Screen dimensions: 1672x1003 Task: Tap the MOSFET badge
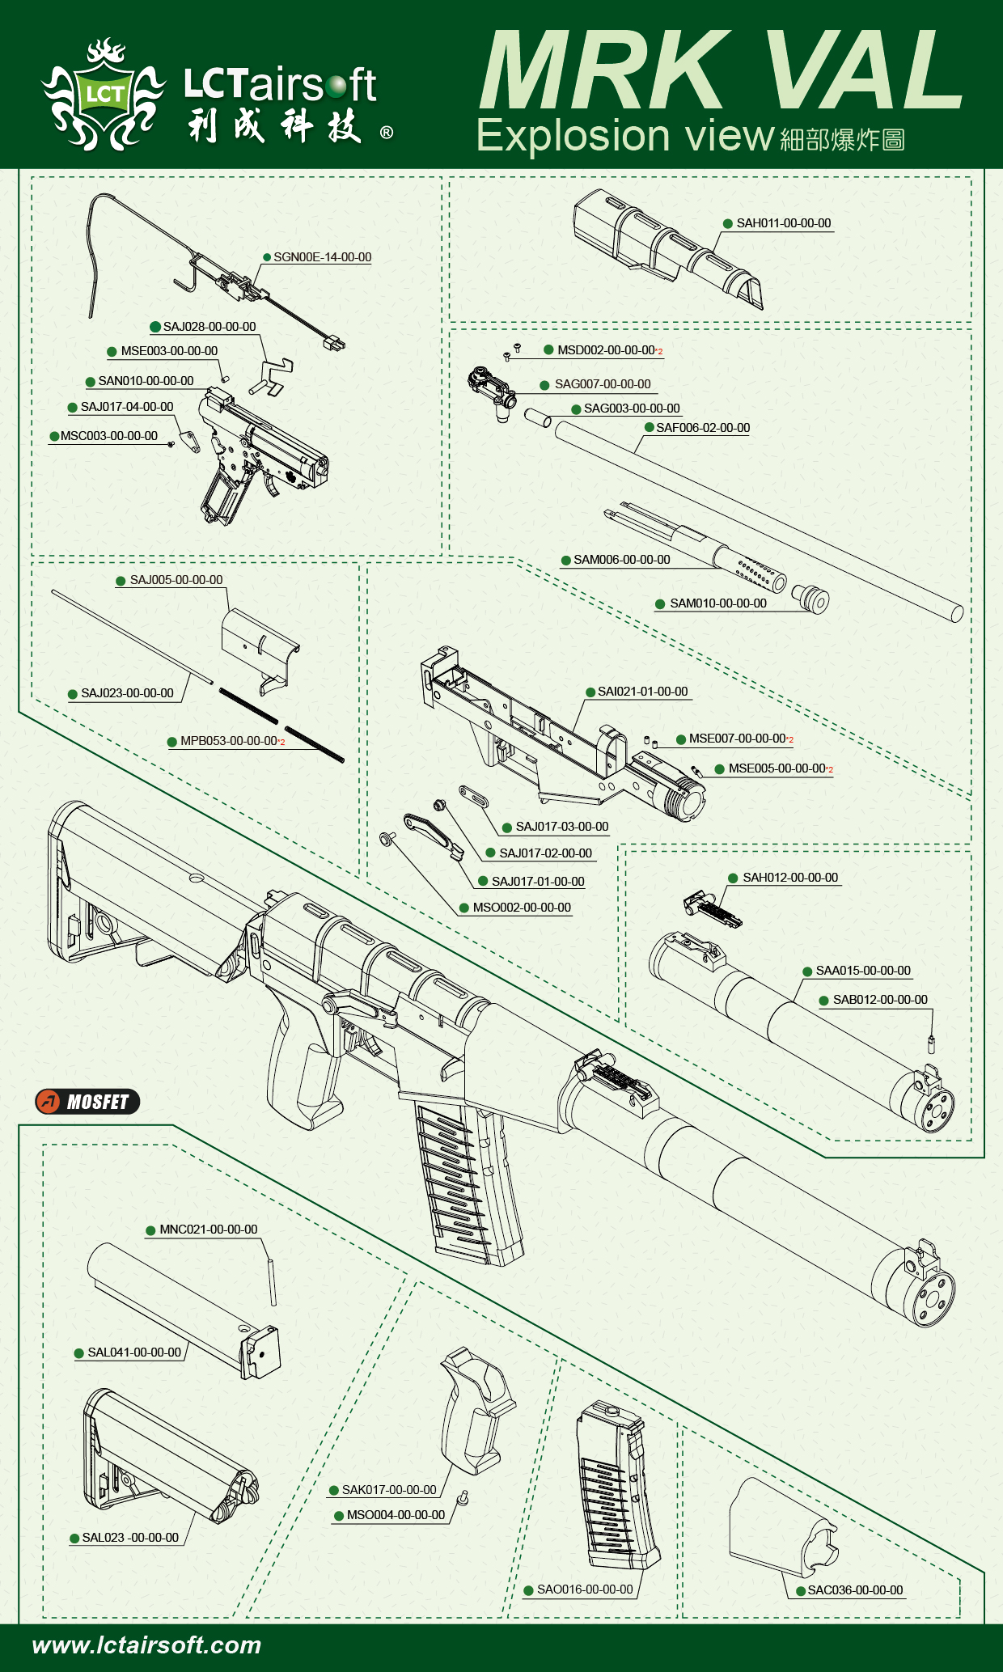(x=87, y=1102)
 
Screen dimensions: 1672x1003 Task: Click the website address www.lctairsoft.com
(x=146, y=1645)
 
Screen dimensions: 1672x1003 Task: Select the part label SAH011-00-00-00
(x=783, y=223)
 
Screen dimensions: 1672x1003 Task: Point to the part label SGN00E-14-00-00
(x=322, y=257)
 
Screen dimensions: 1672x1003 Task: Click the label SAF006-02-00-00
(x=702, y=428)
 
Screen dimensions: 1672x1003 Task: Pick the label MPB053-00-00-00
(x=228, y=741)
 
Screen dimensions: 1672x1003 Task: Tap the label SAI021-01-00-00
(x=642, y=692)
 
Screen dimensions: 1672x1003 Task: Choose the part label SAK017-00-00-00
(x=388, y=1490)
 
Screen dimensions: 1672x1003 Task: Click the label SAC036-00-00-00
(x=855, y=1590)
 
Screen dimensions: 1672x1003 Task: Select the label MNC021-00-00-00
(x=208, y=1230)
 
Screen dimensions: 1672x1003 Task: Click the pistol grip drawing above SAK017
(x=476, y=1407)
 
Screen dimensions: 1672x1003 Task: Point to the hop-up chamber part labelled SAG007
(x=493, y=391)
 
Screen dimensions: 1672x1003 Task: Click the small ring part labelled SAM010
(x=811, y=599)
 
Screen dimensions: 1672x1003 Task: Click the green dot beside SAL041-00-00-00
(x=79, y=1353)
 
